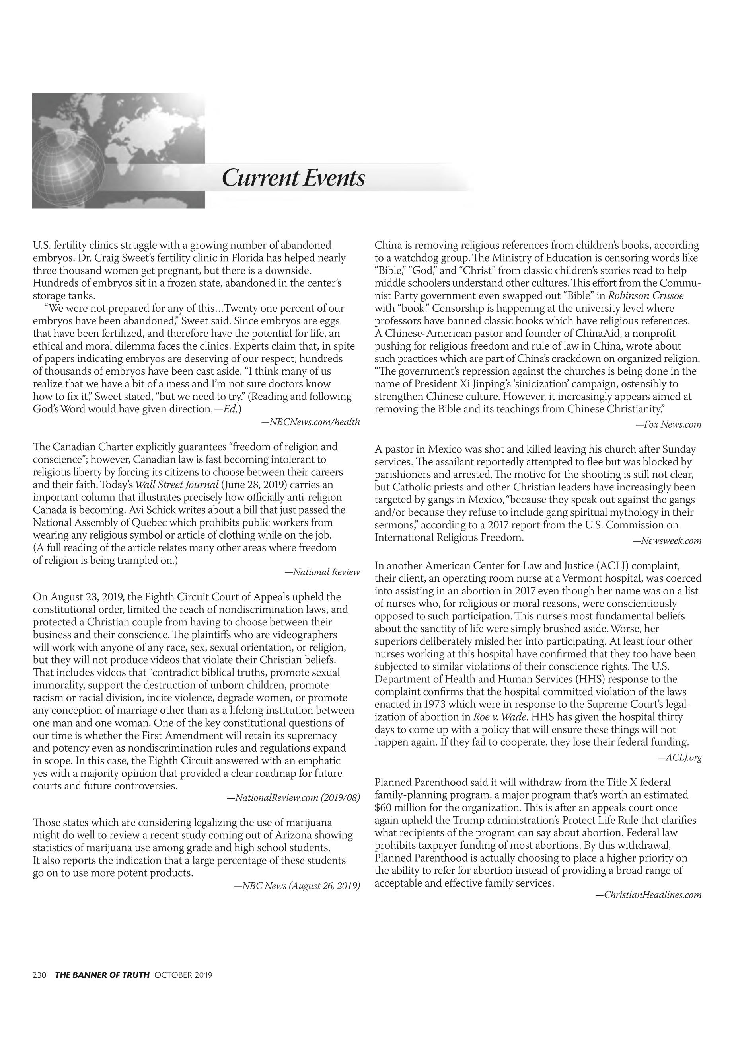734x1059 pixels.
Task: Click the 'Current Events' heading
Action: click(x=294, y=178)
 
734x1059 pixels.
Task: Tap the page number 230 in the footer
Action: click(x=39, y=975)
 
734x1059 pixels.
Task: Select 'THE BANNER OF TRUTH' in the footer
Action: click(x=102, y=975)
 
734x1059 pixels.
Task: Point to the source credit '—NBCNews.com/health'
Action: click(x=310, y=422)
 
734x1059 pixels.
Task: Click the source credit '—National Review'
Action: click(x=322, y=572)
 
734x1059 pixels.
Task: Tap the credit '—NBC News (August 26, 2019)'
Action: click(x=297, y=885)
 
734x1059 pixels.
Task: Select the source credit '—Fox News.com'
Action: click(x=669, y=424)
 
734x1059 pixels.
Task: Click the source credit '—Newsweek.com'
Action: click(x=667, y=541)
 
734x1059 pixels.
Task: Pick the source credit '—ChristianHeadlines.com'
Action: click(x=648, y=895)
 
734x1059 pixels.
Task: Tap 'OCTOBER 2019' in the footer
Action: click(x=183, y=975)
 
